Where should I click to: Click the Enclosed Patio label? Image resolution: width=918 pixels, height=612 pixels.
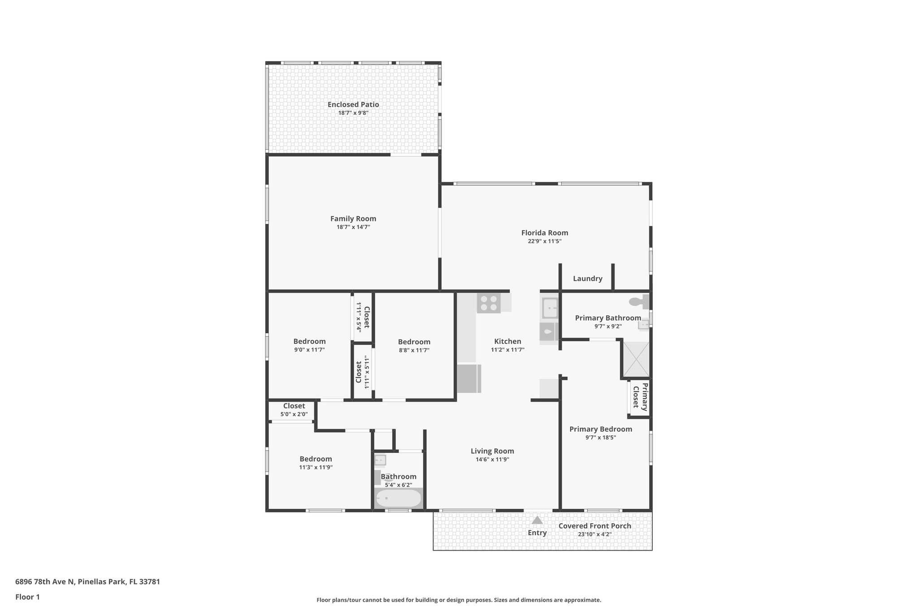click(x=353, y=104)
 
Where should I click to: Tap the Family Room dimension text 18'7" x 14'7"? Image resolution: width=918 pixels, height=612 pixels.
click(x=353, y=227)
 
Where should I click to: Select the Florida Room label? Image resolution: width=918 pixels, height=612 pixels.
click(x=545, y=233)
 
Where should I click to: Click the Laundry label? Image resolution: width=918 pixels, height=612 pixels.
click(x=588, y=278)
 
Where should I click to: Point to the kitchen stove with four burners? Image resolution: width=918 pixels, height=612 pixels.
click(x=489, y=303)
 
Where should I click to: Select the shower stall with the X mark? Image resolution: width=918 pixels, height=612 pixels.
click(x=636, y=359)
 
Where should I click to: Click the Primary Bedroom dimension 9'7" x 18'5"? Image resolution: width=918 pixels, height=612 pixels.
click(x=601, y=438)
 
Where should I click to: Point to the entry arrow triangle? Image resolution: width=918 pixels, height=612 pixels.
click(x=537, y=521)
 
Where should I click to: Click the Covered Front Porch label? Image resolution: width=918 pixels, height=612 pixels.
click(x=595, y=526)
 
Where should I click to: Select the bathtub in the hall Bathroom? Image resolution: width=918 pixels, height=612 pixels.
click(x=398, y=498)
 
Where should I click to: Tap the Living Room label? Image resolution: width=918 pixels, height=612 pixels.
click(x=492, y=451)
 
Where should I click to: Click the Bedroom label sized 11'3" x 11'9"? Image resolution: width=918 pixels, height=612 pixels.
click(x=316, y=459)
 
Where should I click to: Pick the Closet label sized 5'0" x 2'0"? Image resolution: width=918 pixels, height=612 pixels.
click(x=294, y=406)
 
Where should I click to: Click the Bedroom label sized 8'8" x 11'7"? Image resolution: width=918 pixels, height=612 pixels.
click(x=414, y=342)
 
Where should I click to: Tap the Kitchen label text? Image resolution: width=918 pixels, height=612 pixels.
click(x=507, y=341)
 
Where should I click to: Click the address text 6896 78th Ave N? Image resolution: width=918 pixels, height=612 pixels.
click(x=45, y=582)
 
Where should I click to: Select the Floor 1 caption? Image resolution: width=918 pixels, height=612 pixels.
click(x=28, y=597)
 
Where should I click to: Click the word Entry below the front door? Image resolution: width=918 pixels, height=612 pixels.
click(x=537, y=533)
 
